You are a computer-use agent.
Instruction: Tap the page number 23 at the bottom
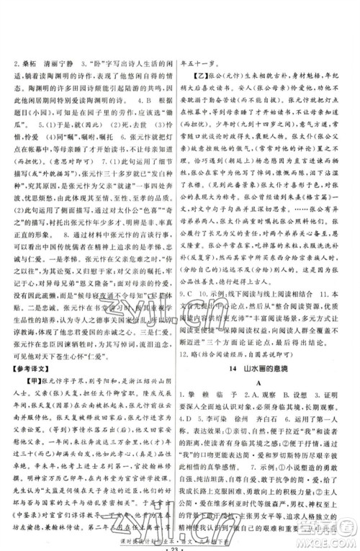coord(179,544)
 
